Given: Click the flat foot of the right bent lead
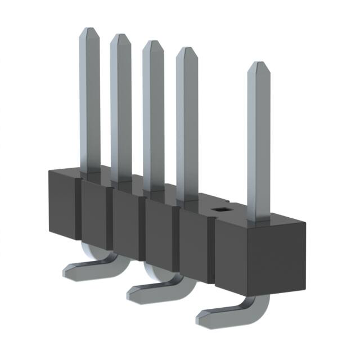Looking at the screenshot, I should [x=217, y=315].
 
